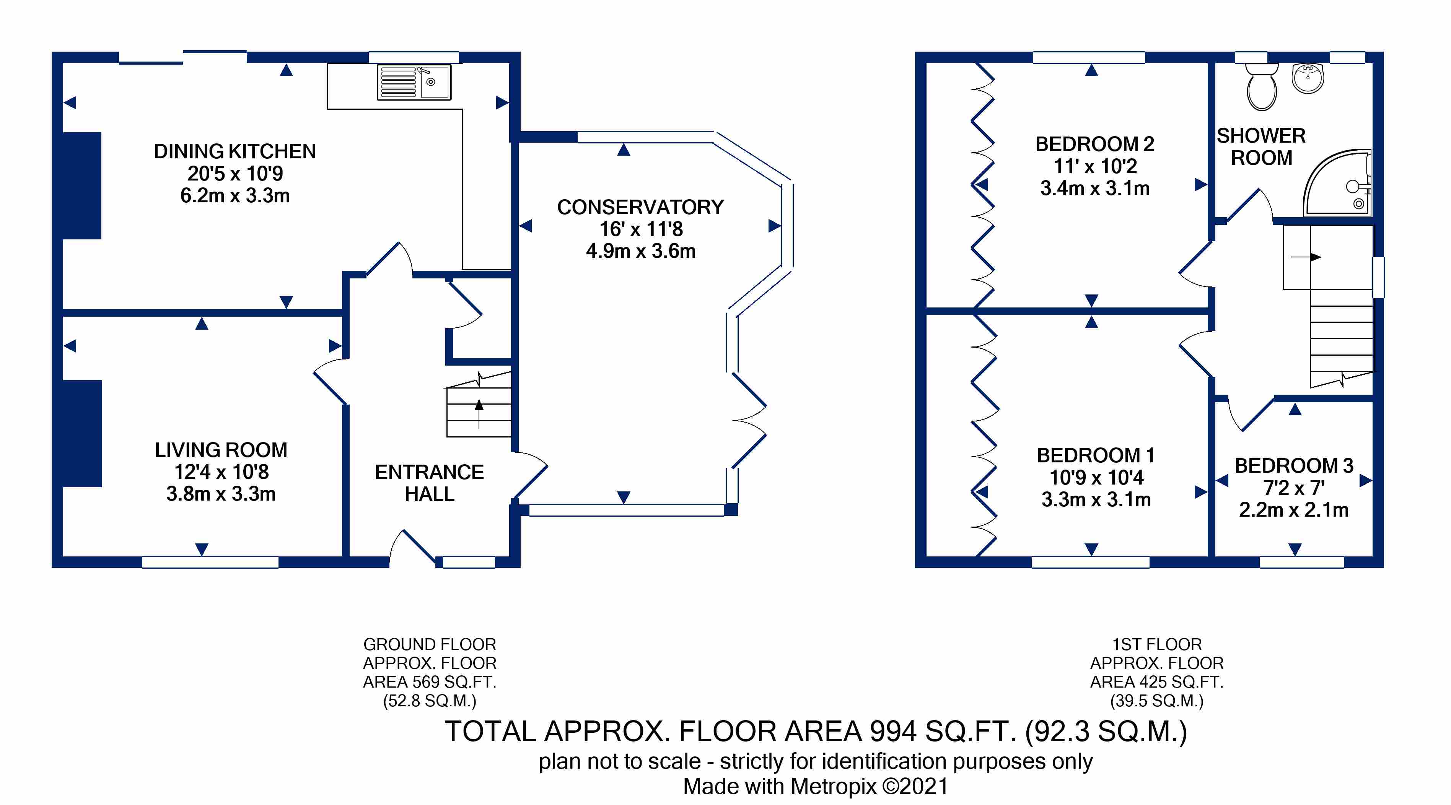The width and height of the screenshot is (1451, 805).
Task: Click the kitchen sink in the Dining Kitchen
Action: tap(414, 82)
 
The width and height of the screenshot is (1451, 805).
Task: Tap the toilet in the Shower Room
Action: tap(1262, 87)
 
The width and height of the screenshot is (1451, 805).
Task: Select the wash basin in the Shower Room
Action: tap(1308, 78)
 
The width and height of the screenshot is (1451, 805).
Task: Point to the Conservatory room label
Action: tap(640, 207)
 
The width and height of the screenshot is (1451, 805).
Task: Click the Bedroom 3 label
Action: tap(1294, 465)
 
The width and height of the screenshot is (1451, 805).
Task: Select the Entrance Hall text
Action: tap(429, 483)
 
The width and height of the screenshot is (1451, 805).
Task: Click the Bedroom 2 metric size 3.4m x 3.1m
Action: tap(1095, 188)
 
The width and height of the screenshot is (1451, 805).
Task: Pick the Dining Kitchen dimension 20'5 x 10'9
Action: tap(235, 173)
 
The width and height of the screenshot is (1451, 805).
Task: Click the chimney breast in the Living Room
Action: tap(82, 433)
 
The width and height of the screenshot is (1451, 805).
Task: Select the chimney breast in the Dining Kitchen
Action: tap(82, 186)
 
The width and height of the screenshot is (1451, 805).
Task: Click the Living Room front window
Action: tap(210, 562)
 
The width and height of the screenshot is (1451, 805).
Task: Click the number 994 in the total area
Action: tap(893, 731)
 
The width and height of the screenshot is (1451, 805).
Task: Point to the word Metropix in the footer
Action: tap(834, 786)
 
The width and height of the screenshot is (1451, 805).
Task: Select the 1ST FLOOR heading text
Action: tap(1157, 644)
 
